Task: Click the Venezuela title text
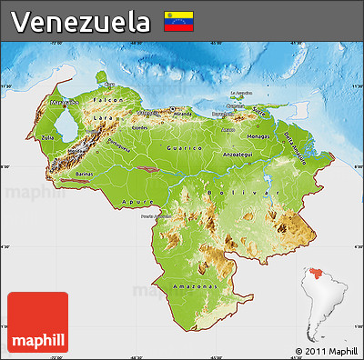pyautogui.click(x=81, y=21)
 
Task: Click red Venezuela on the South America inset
pyautogui.click(x=316, y=270)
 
